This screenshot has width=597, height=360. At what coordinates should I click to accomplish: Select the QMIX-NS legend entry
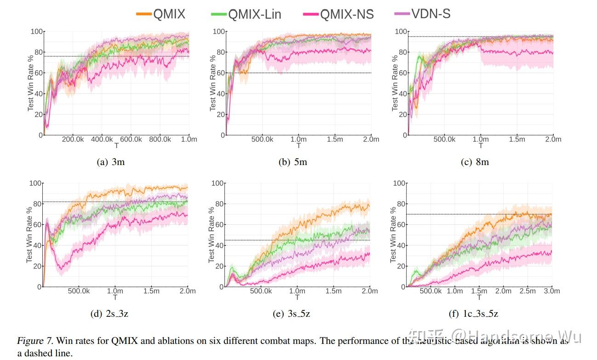(339, 14)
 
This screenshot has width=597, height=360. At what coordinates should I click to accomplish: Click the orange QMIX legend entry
(161, 14)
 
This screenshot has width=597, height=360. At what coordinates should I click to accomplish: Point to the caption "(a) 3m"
(111, 162)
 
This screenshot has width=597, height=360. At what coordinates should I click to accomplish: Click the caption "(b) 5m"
(293, 162)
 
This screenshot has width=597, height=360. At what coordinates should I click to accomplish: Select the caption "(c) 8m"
(475, 162)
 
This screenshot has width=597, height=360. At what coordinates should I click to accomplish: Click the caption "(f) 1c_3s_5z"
(473, 314)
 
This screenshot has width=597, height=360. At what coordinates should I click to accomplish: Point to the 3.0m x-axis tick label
(552, 291)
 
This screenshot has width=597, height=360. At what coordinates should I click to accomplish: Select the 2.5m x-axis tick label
(528, 291)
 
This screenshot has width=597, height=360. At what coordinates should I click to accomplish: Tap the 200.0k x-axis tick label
(72, 139)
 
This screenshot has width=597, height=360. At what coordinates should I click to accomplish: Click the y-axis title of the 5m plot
(213, 83)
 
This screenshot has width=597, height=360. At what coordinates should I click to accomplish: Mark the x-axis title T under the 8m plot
(481, 146)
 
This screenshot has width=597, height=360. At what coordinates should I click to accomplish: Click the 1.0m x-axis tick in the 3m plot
(189, 139)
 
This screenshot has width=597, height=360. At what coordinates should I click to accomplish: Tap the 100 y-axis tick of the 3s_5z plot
(217, 183)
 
